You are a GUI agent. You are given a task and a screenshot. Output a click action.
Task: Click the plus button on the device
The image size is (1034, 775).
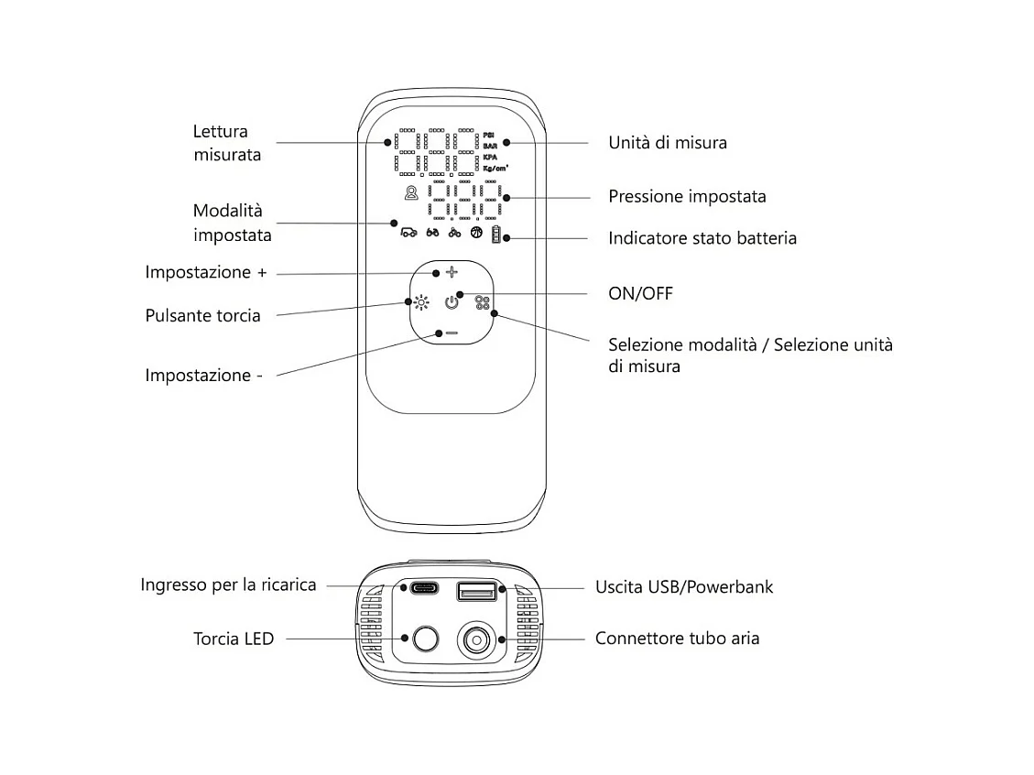[x=450, y=273]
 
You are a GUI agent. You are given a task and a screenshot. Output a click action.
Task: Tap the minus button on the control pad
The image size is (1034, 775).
[x=450, y=333]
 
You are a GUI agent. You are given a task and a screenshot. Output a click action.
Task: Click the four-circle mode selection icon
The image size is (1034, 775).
[x=482, y=301]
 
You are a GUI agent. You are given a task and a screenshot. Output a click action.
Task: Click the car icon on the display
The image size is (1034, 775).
[x=408, y=233]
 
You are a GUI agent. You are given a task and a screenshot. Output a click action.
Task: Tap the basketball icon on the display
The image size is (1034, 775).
[x=475, y=233]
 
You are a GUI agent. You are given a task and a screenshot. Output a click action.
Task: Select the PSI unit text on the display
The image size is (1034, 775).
[x=488, y=134]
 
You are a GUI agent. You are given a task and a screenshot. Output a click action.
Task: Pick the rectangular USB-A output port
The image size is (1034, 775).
[x=476, y=592]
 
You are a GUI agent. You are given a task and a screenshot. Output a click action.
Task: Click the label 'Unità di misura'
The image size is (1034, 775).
[x=668, y=143]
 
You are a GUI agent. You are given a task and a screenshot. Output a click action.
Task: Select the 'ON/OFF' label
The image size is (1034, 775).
[x=640, y=293]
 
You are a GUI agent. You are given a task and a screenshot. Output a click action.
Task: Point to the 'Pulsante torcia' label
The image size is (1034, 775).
[x=202, y=316]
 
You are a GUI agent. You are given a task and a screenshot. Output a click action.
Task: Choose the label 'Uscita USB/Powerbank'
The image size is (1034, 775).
[x=683, y=586]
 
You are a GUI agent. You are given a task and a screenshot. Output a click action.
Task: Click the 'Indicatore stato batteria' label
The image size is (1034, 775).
[x=702, y=238]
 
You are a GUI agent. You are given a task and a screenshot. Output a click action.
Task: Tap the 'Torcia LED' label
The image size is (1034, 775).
[x=233, y=639]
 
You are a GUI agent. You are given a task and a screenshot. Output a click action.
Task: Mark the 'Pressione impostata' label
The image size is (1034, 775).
[x=687, y=197]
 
